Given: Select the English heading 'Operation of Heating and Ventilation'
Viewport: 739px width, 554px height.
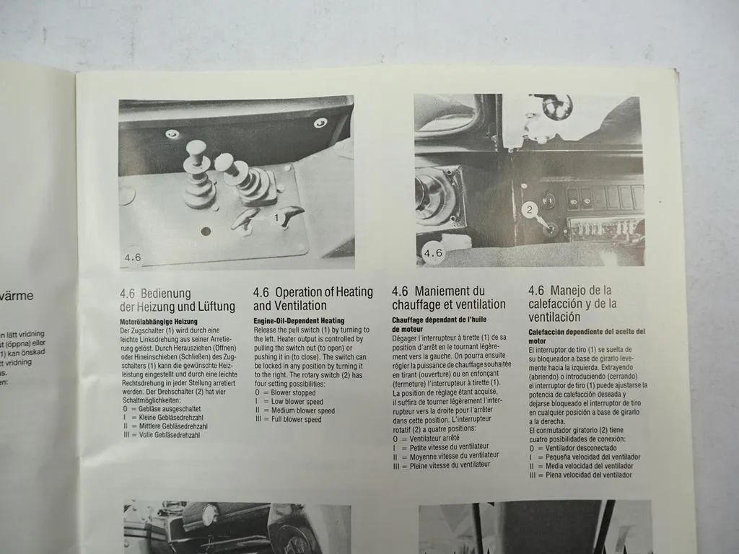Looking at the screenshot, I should [x=312, y=299].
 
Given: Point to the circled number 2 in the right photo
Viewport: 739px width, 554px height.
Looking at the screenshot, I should [x=529, y=210].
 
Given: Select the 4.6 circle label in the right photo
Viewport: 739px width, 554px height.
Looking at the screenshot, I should [x=433, y=253].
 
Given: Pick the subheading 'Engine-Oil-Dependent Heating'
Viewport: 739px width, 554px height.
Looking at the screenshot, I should [x=299, y=320].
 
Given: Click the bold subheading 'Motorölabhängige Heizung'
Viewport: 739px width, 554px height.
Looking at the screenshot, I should [x=158, y=321].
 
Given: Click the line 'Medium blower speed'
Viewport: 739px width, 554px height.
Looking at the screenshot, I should [x=298, y=410].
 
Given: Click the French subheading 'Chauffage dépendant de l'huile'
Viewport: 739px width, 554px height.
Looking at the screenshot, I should [x=446, y=320].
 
